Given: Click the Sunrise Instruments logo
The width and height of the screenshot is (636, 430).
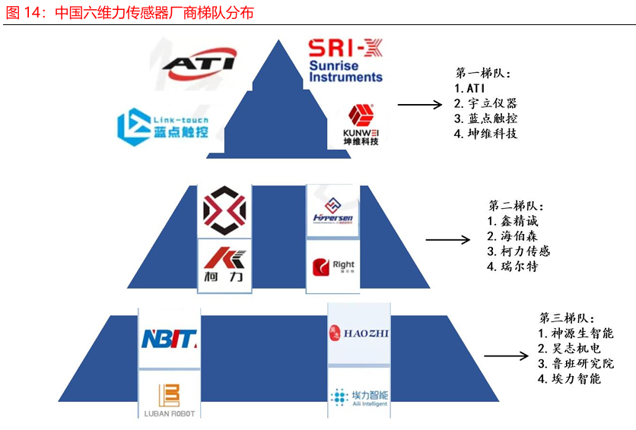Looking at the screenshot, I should tap(346, 61).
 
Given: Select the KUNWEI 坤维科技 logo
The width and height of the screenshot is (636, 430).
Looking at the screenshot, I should tap(360, 125).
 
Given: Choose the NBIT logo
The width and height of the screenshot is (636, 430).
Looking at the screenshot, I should tap(170, 338).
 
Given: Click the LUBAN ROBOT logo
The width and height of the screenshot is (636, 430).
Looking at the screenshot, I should tap(169, 400).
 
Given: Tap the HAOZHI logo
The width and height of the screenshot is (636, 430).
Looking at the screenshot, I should tap(359, 332).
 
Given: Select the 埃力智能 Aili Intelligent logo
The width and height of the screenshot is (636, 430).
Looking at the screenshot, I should tap(359, 397).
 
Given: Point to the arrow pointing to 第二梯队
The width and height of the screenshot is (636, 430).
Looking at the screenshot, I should tap(447, 241).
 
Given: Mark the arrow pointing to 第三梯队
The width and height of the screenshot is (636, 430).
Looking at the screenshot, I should tap(507, 355).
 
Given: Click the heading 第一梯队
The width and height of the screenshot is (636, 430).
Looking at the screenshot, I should tap(483, 74).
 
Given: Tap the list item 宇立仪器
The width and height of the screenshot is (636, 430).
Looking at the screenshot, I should tap(485, 103).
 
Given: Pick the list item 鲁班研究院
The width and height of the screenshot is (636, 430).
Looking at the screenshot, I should tap(569, 363).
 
